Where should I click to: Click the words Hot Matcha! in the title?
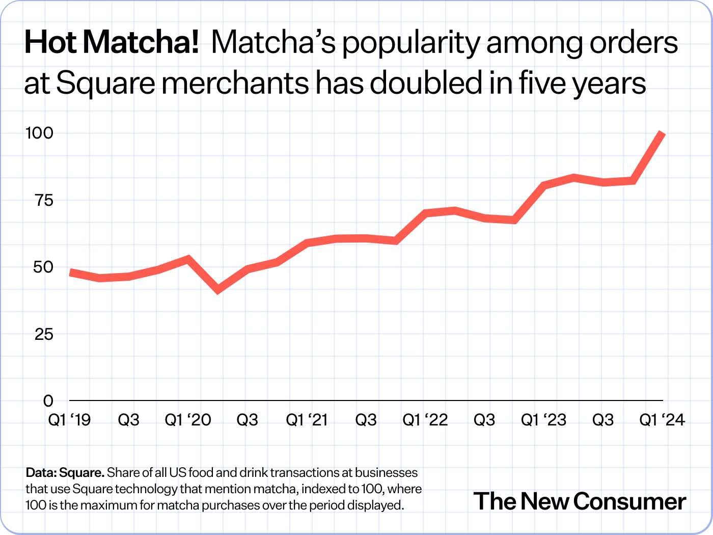point(112,42)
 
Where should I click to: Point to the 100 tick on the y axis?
point(39,133)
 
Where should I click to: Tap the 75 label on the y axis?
point(43,200)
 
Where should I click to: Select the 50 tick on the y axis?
point(43,267)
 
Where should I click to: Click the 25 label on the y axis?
point(43,334)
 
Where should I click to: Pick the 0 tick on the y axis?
point(48,401)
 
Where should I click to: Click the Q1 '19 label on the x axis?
point(69,420)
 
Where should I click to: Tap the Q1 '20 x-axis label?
point(188,420)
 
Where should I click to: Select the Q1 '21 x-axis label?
point(307,420)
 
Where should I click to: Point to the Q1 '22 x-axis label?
point(425,420)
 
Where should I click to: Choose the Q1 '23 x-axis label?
point(543,420)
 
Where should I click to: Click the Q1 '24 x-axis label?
point(662,420)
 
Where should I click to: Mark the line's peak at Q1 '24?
point(663,133)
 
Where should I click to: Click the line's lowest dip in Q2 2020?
point(218,290)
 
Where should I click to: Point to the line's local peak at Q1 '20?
point(188,259)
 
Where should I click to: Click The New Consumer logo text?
point(580,501)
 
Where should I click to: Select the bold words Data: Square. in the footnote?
point(65,472)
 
